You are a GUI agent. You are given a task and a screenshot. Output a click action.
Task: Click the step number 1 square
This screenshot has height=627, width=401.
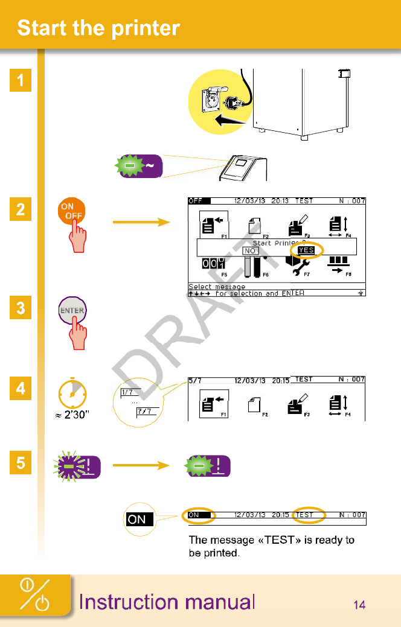pos(21,80)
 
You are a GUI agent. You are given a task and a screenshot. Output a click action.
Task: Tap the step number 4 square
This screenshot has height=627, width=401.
pos(21,389)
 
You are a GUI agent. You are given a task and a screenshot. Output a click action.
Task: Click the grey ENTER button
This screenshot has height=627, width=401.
pos(71,311)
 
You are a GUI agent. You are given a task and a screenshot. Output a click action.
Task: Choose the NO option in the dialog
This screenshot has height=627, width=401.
pos(250,250)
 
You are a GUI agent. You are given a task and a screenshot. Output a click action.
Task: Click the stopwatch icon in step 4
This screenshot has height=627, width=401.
pos(72,395)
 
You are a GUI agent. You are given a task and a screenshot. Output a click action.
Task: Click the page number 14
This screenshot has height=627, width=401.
pos(359,605)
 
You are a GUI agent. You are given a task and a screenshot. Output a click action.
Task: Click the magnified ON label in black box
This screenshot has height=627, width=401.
pos(137,519)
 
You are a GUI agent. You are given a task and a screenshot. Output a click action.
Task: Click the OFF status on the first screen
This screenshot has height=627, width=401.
pos(196,201)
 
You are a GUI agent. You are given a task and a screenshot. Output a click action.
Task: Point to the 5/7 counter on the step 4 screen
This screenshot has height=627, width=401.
pos(195,380)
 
